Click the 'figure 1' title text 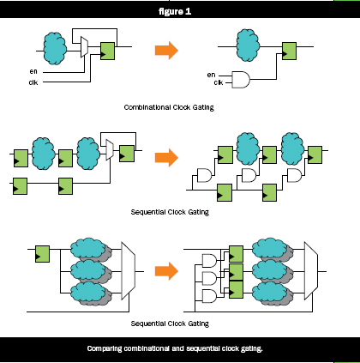coord(175,11)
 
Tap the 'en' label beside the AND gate coord(211,75)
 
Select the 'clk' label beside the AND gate coord(219,82)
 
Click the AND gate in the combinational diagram coord(241,80)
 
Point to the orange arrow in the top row coord(166,51)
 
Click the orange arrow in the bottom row coord(166,271)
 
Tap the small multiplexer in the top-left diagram coord(84,47)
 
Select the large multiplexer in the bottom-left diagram coord(129,270)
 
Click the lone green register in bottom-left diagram coord(42,254)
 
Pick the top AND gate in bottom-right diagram coord(209,261)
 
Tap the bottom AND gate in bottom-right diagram coord(209,296)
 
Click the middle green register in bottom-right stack coord(236,272)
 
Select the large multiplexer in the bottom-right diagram coord(311,270)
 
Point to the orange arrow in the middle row coord(166,157)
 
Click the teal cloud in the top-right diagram coord(248,45)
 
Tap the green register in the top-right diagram coord(289,51)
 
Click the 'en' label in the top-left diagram coord(33,71)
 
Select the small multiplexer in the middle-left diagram coord(110,149)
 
